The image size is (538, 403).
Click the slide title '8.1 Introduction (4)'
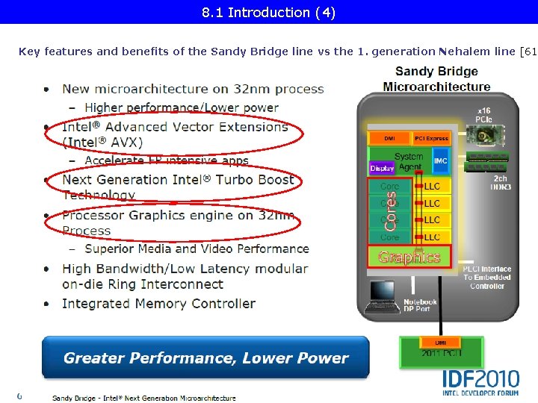pos(268,12)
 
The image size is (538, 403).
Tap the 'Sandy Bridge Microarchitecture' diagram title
pos(436,79)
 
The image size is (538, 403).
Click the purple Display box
pos(382,169)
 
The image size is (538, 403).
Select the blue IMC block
pos(441,160)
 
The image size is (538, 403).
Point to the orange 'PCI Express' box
pos(433,138)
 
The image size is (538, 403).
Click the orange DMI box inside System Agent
pos(389,138)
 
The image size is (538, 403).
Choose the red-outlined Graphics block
pos(409,257)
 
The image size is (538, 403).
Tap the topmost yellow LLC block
pos(433,186)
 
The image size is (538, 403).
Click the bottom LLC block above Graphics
pos(433,237)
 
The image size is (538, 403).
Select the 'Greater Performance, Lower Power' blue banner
pos(205,357)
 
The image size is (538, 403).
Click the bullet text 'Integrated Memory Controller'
pos(158,304)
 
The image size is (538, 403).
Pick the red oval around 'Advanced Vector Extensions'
pos(173,134)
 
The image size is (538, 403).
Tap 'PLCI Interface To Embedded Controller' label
pos(486,277)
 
